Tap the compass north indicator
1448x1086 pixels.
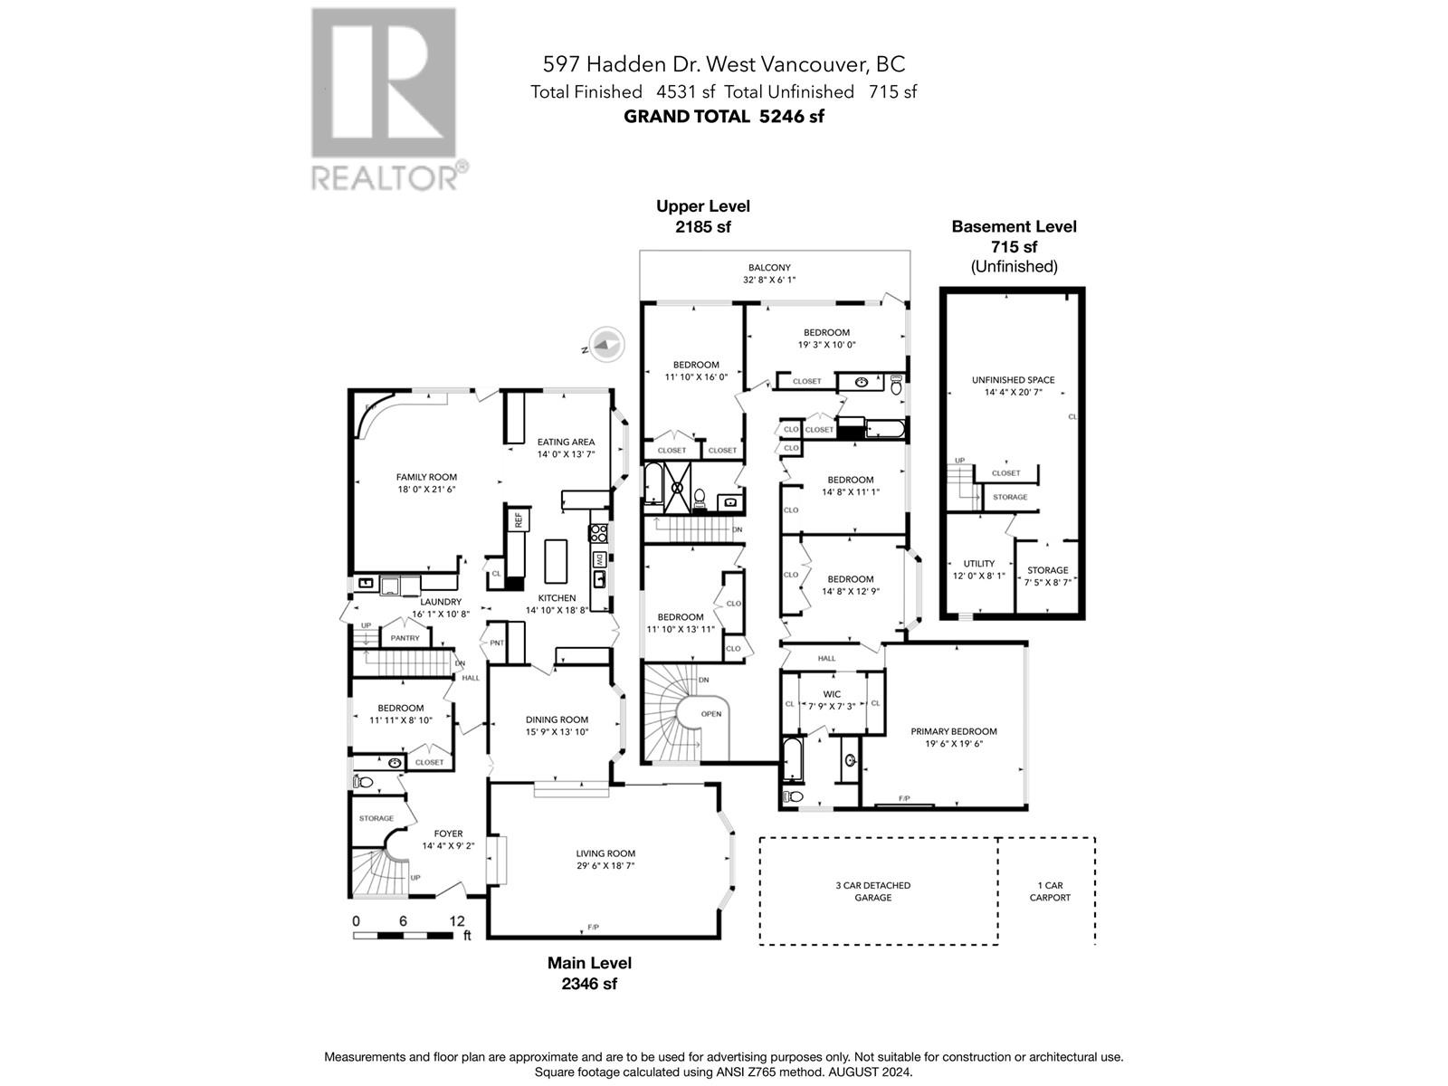(605, 345)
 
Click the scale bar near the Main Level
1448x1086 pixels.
(403, 936)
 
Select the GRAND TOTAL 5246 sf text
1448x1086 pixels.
(724, 117)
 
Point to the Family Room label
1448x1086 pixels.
(426, 478)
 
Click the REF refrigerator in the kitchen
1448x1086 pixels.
(518, 520)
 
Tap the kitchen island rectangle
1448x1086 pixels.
(556, 561)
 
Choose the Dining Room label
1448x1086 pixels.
(557, 720)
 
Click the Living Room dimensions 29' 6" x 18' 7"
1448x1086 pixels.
(605, 866)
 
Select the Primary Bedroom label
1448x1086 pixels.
(954, 731)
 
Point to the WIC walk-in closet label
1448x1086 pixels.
(832, 694)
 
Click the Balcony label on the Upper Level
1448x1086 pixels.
(769, 268)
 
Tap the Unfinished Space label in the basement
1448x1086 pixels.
(1014, 380)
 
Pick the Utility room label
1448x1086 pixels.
(979, 564)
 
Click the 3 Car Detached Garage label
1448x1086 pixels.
(872, 891)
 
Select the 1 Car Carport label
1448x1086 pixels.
(1050, 891)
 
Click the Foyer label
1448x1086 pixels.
(448, 834)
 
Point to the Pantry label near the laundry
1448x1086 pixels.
(405, 638)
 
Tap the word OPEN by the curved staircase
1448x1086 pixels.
(711, 714)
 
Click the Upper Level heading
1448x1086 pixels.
(702, 206)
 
